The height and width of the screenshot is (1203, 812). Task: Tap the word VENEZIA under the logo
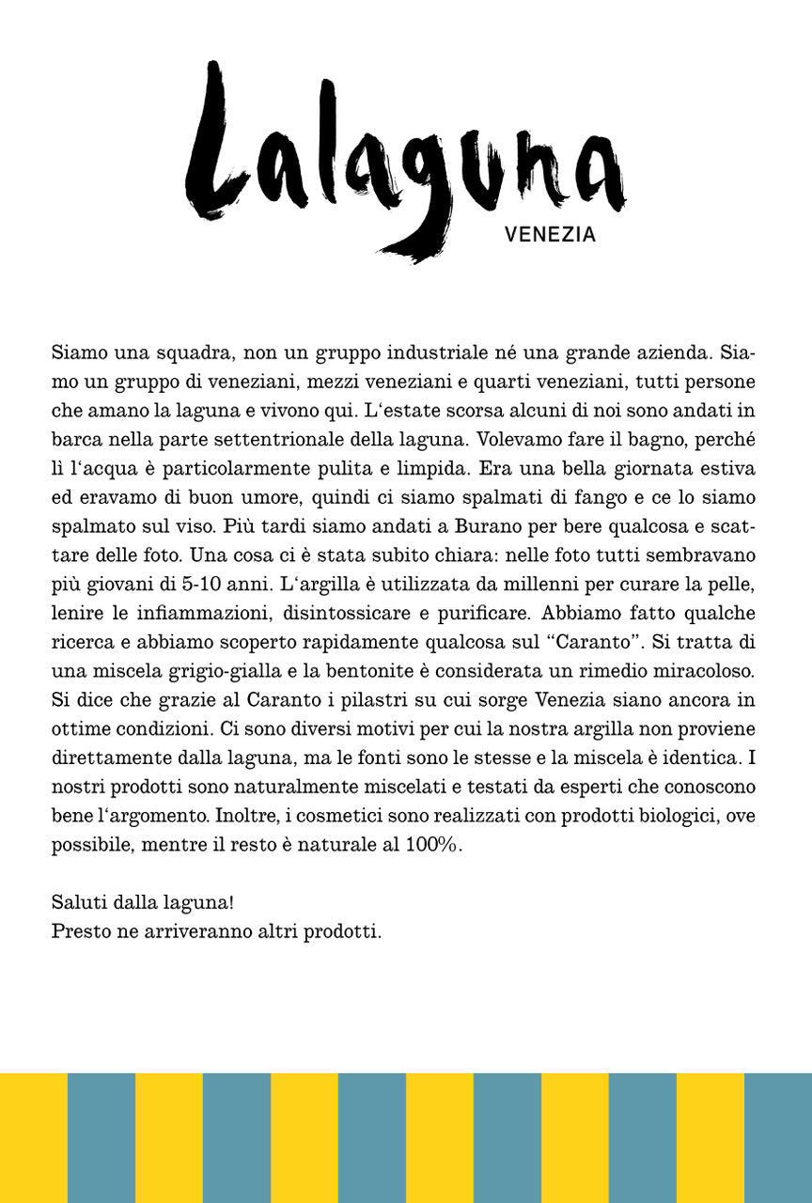click(550, 235)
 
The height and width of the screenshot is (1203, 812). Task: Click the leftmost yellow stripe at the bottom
click(34, 1137)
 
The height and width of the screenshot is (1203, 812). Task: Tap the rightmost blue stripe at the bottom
click(778, 1137)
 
